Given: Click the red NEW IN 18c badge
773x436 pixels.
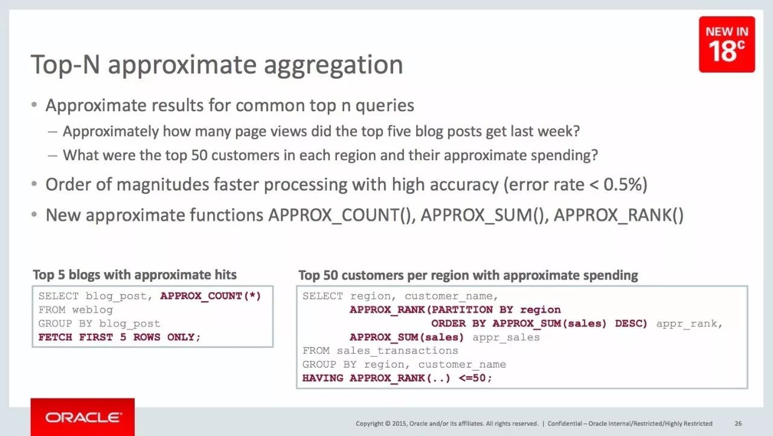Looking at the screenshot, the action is (x=726, y=44).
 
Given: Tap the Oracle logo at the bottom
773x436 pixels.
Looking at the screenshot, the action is (x=83, y=417).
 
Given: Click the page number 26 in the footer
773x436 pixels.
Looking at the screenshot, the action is (x=738, y=423).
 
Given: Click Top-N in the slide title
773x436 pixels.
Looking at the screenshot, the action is (x=66, y=64).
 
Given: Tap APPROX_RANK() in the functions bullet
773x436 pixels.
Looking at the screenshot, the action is (x=619, y=215).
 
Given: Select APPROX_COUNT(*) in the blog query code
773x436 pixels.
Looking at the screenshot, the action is (x=211, y=296).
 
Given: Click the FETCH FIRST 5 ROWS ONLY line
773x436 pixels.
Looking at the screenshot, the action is (x=120, y=337).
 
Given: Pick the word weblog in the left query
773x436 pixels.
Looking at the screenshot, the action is (x=92, y=310).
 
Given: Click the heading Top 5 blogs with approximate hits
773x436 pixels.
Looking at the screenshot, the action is (x=135, y=275).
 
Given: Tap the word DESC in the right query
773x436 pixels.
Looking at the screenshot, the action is (x=631, y=324).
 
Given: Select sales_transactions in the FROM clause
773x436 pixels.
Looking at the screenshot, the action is (x=397, y=351).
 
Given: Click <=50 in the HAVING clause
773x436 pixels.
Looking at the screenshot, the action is (x=472, y=378).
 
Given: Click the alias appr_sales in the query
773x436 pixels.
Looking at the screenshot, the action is (x=506, y=337).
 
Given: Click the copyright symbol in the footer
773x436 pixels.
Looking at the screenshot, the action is (x=388, y=423).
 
